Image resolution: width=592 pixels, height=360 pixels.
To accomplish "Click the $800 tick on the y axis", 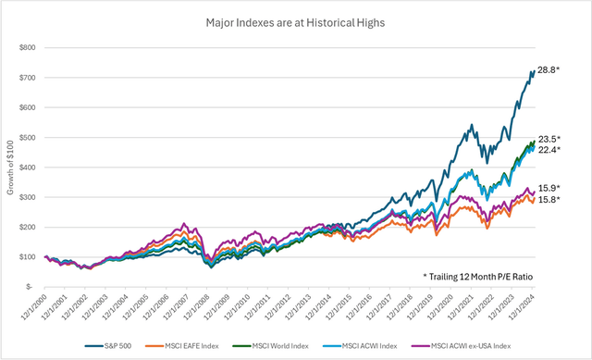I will (31, 47).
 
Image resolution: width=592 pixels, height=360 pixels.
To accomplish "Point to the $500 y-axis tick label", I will (31, 137).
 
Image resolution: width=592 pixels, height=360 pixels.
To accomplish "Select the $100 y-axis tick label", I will (31, 257).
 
